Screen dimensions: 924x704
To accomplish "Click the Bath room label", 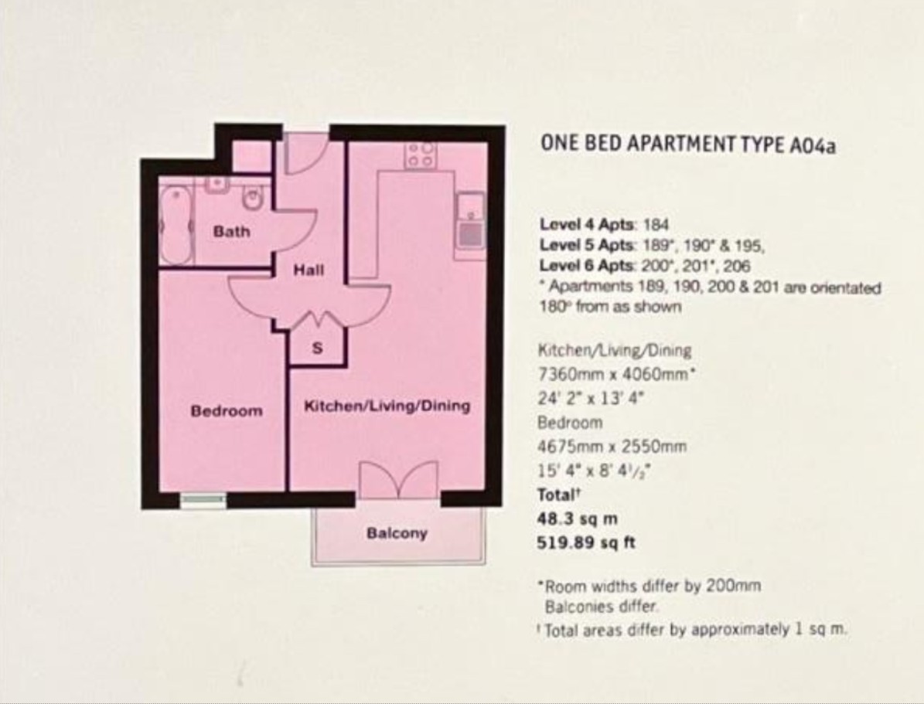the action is (x=232, y=232).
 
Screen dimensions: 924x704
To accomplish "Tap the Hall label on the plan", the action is (x=309, y=270).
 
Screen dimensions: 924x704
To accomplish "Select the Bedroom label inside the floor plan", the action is (x=227, y=410).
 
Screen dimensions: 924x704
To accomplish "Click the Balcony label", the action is (x=397, y=533).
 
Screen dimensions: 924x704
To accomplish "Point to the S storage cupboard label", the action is (x=317, y=349).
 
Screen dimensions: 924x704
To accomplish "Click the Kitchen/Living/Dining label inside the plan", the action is (x=387, y=406).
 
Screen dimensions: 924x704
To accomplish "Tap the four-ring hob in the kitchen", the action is (x=421, y=155).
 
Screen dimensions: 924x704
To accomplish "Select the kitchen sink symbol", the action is (x=470, y=226).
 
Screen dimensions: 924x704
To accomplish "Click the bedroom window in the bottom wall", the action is (x=203, y=500).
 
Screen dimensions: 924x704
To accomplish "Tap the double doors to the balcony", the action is (x=399, y=480).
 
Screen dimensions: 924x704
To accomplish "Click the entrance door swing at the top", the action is (x=305, y=152).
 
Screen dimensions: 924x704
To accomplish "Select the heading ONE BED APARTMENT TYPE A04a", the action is (x=688, y=145).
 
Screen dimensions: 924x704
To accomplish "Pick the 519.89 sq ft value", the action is (x=586, y=542).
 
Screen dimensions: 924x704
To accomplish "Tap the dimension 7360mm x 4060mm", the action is (x=616, y=374).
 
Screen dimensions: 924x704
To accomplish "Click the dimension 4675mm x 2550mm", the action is (x=612, y=447).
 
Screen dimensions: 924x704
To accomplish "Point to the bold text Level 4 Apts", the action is (x=588, y=224).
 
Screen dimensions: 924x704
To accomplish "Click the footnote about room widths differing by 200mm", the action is (x=650, y=587).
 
